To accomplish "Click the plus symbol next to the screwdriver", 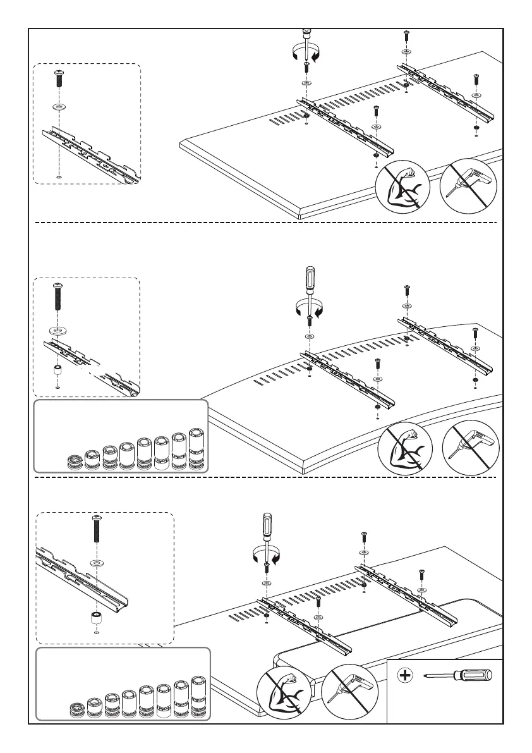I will click(404, 676).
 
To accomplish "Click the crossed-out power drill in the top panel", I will click(469, 184).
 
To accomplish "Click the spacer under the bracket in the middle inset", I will click(57, 370).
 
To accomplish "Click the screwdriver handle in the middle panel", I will click(309, 279).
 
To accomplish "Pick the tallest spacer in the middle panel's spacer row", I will click(198, 449).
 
